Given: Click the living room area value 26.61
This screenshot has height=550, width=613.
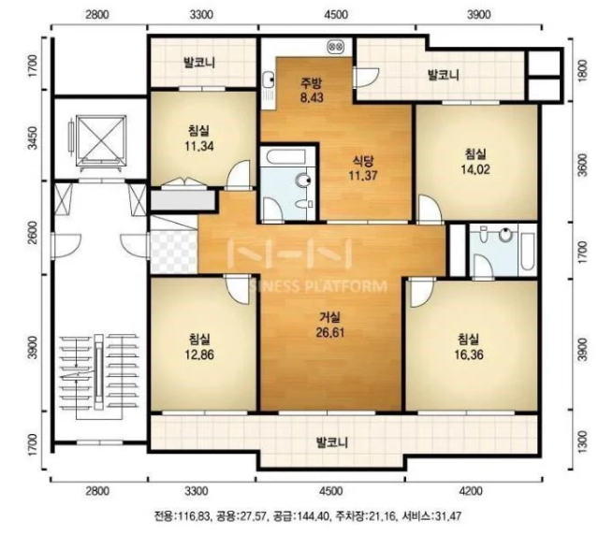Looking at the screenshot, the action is coord(330,332).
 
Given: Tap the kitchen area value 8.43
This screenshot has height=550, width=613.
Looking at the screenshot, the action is coord(312,97).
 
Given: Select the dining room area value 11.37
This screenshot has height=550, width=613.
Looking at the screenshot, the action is coord(363,176).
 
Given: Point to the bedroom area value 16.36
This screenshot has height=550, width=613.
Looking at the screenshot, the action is coord(469,355).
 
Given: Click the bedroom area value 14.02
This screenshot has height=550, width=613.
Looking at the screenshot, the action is coord(475,169).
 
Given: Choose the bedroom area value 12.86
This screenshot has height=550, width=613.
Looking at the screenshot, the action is coord(199,355).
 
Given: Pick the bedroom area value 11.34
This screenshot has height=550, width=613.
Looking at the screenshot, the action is coord(199,146).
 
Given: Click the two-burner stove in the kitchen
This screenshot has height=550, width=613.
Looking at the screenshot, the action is coord(336,48).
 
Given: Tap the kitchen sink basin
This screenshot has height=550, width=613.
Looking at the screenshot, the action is coord(269,80).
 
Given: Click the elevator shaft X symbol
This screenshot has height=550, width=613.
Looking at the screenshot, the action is coord(102,140).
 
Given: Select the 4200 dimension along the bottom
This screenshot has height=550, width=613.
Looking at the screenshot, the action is coord(471,491).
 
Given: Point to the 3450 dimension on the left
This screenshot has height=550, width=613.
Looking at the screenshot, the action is coord(34,137).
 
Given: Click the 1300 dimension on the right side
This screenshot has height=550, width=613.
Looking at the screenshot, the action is coord(582,441).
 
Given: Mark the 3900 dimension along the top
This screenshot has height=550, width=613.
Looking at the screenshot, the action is coord(478,15).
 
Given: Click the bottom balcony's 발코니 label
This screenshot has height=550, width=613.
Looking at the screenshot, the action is coord(331,442).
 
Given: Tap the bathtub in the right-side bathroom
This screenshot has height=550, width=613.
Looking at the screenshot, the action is coord(528,251).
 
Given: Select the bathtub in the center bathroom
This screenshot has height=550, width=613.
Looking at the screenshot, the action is coord(285,156).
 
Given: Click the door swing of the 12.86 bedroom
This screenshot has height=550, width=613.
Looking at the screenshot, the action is coord(238,289).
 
